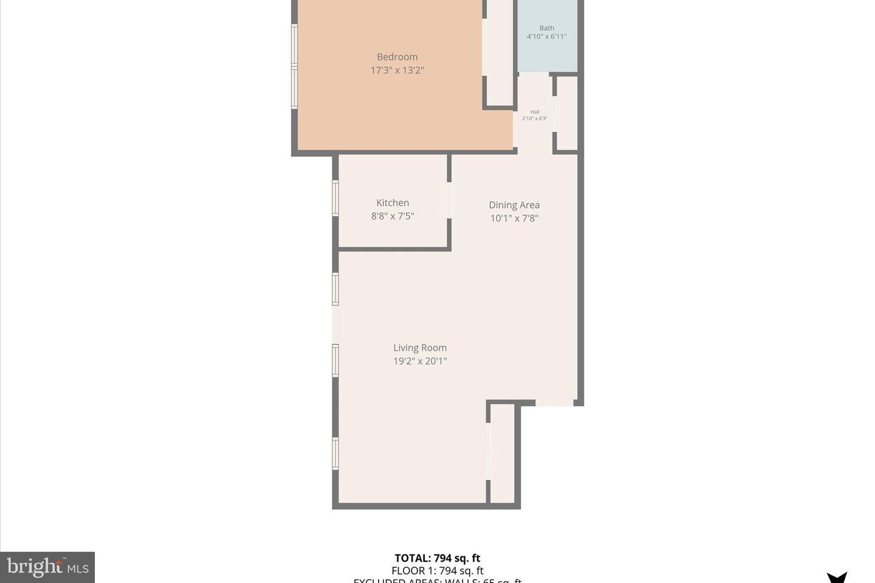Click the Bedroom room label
[397, 57]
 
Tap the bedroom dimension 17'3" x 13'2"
[397, 70]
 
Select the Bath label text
[547, 28]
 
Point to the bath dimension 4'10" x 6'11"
[547, 36]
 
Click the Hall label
[535, 112]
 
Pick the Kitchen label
[393, 203]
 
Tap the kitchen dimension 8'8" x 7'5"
[393, 216]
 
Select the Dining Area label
[514, 205]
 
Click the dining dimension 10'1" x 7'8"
[514, 219]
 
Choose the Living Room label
[420, 348]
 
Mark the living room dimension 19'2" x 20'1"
[420, 361]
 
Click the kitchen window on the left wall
[335, 198]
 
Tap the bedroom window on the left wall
[294, 67]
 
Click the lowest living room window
[335, 454]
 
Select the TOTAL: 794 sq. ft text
[437, 558]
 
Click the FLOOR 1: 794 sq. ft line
[437, 571]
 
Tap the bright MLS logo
[47, 567]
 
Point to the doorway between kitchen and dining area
[450, 200]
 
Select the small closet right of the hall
[567, 113]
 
